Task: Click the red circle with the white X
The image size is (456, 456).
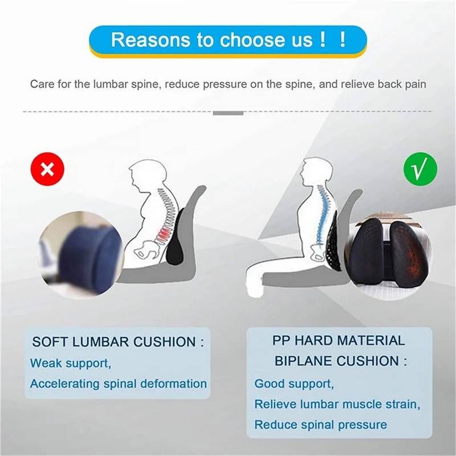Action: coord(47,169)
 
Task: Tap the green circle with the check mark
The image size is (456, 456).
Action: coord(420,169)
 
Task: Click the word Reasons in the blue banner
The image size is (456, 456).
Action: coord(150,39)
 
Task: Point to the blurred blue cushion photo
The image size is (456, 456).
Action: coord(81,255)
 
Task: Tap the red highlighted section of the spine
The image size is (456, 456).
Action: coord(164,234)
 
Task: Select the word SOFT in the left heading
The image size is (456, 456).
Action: coord(50,341)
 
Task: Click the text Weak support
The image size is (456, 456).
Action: coord(70,363)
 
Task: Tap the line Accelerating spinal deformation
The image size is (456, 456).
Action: coord(119,384)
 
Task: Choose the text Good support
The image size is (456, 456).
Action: coord(294,384)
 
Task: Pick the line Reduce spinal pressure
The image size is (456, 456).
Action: coord(320,425)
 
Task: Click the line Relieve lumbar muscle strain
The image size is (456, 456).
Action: coord(337,404)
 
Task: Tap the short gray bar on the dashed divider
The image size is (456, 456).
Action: coord(228,113)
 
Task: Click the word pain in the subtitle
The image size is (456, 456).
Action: coord(415,84)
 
